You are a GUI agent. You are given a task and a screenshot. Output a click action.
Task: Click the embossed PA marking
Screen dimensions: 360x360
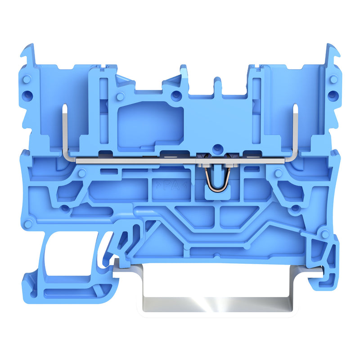(x=171, y=185)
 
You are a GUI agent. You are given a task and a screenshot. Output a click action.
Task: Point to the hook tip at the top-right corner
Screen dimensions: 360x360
(x=338, y=54)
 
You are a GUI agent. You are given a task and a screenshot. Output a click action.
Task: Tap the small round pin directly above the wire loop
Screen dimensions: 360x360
(x=217, y=148)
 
